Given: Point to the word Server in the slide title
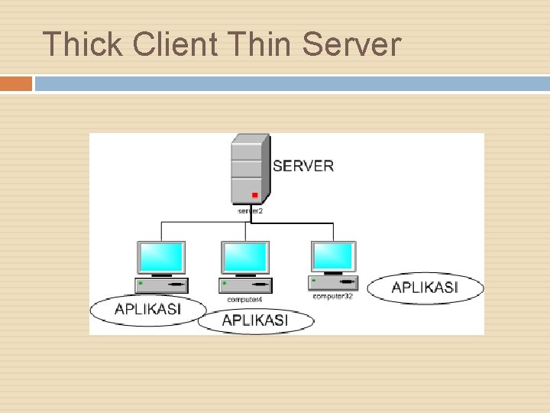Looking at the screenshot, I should [351, 44].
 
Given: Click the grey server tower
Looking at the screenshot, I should [250, 168].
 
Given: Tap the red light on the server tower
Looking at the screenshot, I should [254, 195].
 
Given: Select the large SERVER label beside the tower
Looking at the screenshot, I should [302, 165].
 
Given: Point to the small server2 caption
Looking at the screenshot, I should [250, 209].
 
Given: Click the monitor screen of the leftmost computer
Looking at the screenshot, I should [161, 257].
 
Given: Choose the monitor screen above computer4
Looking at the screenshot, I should [245, 257].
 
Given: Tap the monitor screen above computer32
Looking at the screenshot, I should [334, 255].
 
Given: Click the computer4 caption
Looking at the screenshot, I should [245, 299].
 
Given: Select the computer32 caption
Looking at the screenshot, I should [333, 295].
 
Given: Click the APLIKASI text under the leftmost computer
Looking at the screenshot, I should [147, 310].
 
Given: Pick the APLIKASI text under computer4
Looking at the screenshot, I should [255, 320].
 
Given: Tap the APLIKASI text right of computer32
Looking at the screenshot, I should [425, 288].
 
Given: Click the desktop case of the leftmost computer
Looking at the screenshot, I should [161, 285].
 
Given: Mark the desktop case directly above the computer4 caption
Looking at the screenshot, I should [245, 286].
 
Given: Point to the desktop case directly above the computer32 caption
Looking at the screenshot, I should [333, 283].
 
